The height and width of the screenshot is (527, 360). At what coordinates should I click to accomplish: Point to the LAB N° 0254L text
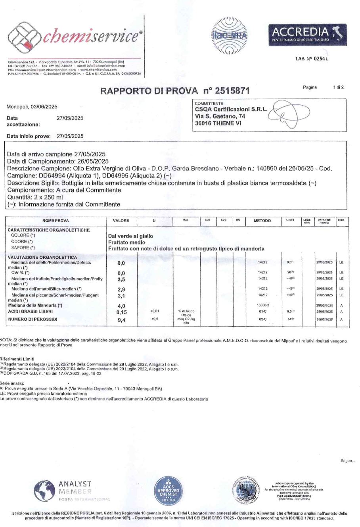click(312, 59)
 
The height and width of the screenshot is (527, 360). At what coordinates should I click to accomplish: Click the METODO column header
click(262, 221)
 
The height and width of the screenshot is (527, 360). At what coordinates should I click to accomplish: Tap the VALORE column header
click(121, 221)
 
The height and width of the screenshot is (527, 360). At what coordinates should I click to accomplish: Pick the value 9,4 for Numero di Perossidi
click(122, 319)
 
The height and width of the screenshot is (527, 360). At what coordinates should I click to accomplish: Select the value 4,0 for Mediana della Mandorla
click(122, 306)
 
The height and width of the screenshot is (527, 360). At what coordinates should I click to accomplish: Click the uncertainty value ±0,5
click(155, 319)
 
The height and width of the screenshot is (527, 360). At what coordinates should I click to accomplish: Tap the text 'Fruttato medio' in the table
click(126, 242)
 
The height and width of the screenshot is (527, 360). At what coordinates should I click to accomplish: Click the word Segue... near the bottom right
click(348, 461)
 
